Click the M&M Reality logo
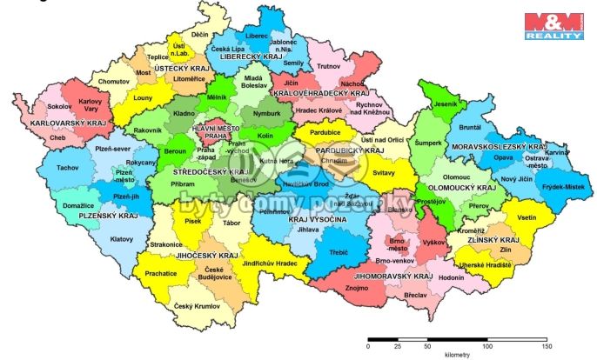552,25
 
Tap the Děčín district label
200,34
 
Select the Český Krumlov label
194,305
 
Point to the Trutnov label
328,66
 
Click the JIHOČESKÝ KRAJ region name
205,257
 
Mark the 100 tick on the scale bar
487,345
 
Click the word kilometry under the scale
457,355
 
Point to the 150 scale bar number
547,346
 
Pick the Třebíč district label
338,252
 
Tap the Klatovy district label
122,237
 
